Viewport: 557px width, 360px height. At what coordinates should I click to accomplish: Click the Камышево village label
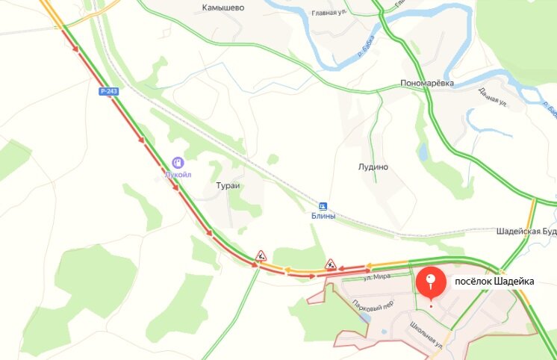click(x=223, y=7)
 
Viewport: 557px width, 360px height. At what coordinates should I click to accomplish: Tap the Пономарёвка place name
click(x=427, y=83)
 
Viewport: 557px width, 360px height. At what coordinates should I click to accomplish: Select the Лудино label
click(x=374, y=167)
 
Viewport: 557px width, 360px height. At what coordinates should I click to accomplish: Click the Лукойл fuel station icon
click(x=178, y=161)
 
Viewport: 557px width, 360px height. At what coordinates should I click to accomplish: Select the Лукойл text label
click(x=178, y=174)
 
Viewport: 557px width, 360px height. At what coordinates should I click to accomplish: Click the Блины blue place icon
click(x=323, y=205)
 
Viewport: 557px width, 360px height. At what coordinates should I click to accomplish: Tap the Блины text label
click(x=323, y=216)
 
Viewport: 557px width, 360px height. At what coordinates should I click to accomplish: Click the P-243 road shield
click(x=109, y=91)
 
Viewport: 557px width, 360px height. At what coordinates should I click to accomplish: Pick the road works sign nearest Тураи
click(x=261, y=255)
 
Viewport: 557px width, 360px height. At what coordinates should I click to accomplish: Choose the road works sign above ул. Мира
click(x=331, y=263)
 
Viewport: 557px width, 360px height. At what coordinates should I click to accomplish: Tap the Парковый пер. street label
click(x=373, y=306)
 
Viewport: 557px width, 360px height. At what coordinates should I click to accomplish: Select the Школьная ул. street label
click(x=426, y=335)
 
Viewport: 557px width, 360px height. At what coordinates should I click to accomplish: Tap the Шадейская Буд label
click(x=526, y=232)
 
